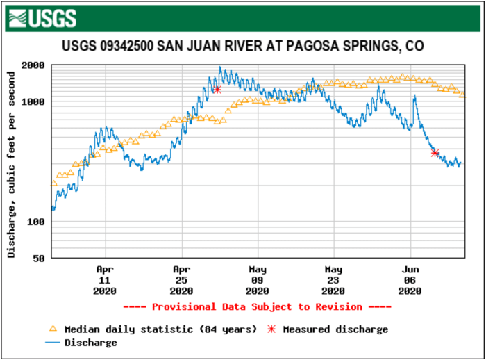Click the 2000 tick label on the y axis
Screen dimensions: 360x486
34,65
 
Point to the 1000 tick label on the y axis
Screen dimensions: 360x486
34,102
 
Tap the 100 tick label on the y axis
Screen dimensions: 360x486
37,222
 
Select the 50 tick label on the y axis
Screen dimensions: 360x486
40,258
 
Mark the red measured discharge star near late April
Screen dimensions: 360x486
217,89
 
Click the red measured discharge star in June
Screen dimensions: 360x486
435,153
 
